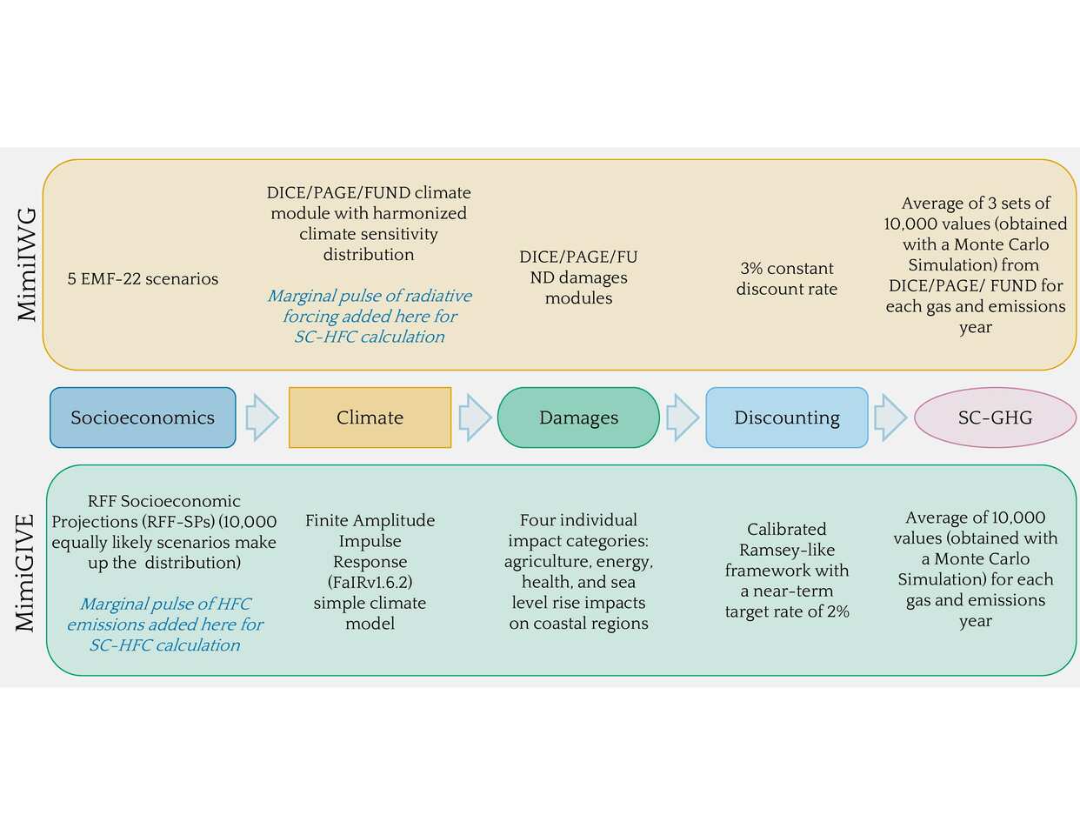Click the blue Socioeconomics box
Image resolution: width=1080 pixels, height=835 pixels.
[143, 417]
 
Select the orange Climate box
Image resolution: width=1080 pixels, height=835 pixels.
[370, 417]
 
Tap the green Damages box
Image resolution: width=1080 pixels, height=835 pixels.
[578, 417]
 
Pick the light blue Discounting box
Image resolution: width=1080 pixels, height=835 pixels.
[787, 417]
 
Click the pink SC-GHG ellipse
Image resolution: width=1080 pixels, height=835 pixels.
[995, 417]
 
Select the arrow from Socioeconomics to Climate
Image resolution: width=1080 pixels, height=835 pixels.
[262, 417]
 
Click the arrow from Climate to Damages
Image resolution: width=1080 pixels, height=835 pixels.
[475, 417]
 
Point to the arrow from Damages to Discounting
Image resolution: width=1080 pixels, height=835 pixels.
[683, 417]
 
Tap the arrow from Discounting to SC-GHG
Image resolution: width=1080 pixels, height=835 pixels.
[890, 417]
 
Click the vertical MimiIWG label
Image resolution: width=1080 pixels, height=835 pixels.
[28, 264]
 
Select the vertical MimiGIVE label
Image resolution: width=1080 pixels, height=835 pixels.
[26, 572]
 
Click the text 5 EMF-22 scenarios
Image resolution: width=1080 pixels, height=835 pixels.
[143, 279]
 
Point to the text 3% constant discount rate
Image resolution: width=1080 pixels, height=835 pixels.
[787, 279]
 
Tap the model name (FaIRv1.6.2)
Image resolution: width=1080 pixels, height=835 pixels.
[370, 582]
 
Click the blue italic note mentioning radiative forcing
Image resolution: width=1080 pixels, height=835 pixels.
[370, 317]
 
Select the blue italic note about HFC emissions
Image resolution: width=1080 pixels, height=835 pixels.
[164, 625]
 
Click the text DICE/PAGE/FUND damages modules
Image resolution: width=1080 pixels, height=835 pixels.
[578, 277]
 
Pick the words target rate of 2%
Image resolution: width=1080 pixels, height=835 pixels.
[787, 611]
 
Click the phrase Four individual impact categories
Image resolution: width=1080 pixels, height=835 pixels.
[578, 531]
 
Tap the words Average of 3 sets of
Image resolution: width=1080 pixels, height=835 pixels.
[976, 204]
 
